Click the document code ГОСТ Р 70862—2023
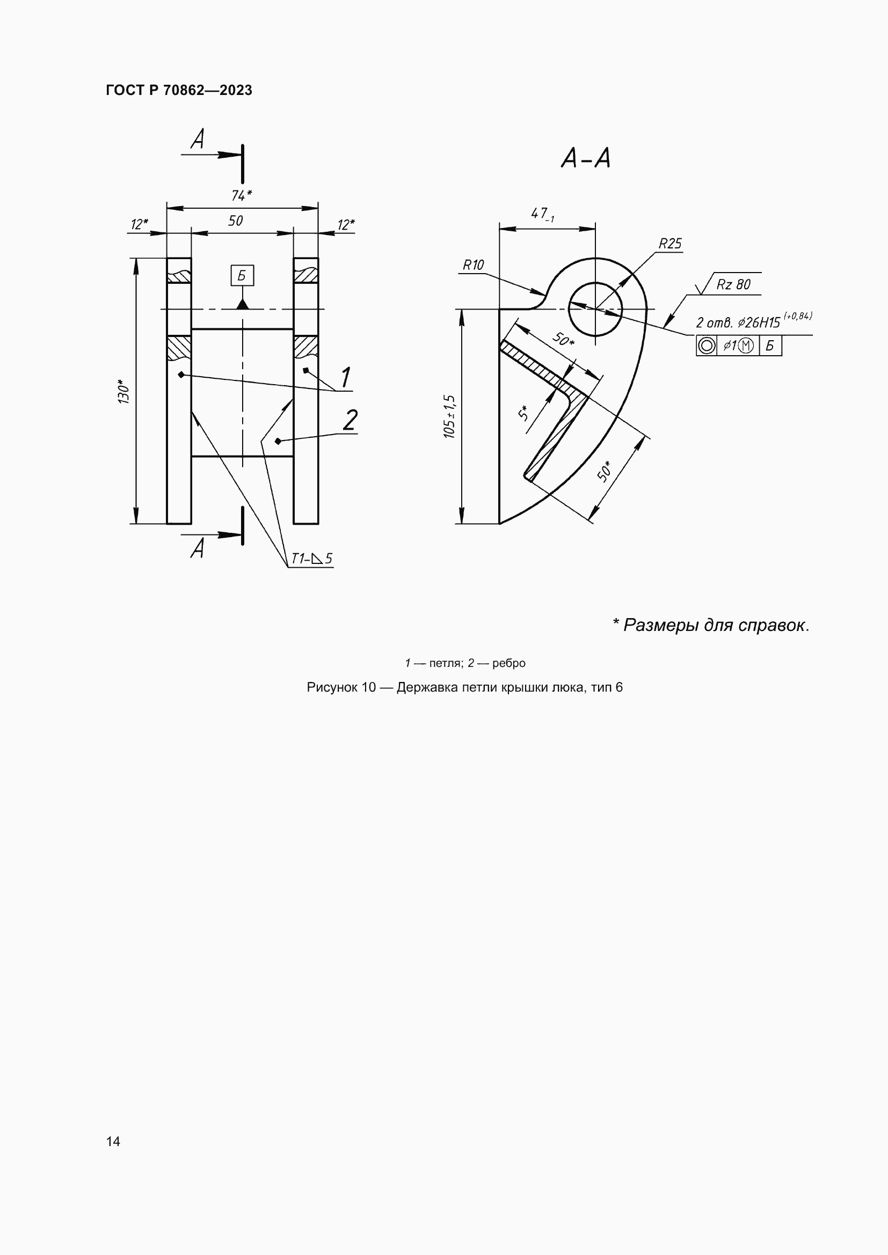[x=179, y=90]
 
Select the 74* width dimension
[x=241, y=195]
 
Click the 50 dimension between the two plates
[x=235, y=221]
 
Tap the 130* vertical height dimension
[x=124, y=391]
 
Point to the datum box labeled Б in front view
[x=242, y=275]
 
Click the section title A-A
[x=585, y=158]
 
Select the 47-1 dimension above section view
[x=542, y=214]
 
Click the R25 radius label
[x=670, y=244]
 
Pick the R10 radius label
[x=473, y=265]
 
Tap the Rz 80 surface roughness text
[x=733, y=285]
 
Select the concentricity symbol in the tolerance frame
[x=707, y=346]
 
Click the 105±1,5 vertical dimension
[x=449, y=416]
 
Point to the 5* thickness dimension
[x=523, y=413]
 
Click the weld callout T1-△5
[x=311, y=559]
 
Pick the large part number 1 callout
[x=346, y=377]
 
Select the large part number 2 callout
[x=350, y=420]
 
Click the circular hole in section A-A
[x=595, y=310]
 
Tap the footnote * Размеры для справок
[x=710, y=625]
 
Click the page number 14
[x=113, y=1141]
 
